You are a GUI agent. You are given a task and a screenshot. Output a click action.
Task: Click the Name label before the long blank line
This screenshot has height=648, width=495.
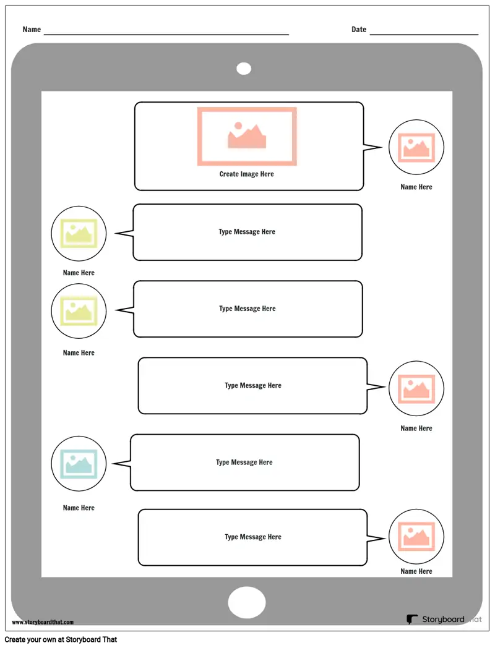coord(32,29)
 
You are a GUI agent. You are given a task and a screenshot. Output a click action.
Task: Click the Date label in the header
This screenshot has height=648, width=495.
coord(358,29)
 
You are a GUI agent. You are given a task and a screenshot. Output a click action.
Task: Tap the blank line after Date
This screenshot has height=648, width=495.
coord(424,34)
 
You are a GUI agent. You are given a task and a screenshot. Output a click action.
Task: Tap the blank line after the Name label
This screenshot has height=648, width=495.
coord(166,34)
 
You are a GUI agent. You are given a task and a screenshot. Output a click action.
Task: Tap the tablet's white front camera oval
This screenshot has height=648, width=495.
coord(244,69)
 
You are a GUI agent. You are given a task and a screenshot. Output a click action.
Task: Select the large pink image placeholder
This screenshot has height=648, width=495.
coord(247,137)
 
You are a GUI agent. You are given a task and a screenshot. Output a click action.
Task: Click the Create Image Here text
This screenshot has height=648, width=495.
coord(246,174)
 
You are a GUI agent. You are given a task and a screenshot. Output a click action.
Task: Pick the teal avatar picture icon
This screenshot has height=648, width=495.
coord(79,464)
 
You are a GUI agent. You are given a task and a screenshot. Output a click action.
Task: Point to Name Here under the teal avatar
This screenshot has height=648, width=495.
coord(79,508)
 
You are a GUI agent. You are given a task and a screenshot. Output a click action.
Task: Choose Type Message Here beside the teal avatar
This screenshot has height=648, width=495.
coord(244,462)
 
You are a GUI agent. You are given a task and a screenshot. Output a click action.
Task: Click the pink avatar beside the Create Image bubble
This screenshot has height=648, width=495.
coord(416,147)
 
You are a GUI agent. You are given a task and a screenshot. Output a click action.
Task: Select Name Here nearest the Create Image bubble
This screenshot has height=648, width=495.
coord(416,187)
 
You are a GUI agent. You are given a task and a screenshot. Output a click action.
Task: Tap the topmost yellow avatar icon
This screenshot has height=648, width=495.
coord(79,234)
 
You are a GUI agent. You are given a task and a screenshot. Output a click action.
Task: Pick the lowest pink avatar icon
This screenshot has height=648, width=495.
coord(416,537)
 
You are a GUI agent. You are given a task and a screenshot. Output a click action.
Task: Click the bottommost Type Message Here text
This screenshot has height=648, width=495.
coord(253,537)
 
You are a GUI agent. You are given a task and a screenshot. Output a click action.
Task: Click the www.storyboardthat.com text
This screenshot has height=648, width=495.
coord(43,622)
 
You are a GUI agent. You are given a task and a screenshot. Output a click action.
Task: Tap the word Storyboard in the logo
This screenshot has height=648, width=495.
coord(443,619)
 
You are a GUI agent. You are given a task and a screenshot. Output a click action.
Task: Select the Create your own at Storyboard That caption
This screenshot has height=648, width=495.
coord(61,640)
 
